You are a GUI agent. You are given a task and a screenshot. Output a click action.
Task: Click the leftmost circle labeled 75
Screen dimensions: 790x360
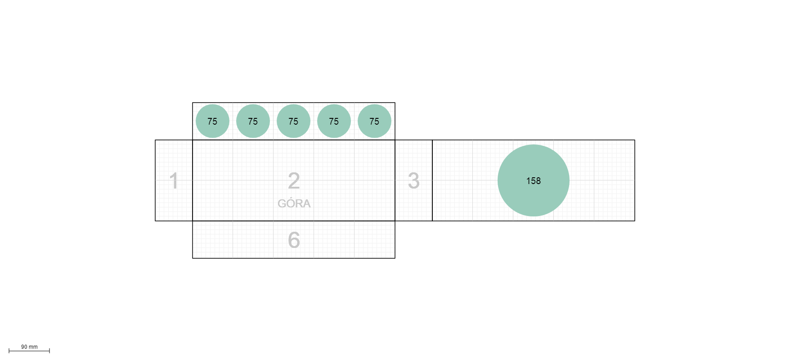[x=212, y=121]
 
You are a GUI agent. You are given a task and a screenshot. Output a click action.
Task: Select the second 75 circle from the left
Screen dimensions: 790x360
[x=253, y=121]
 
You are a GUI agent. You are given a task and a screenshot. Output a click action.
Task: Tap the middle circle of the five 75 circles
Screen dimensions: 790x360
[x=293, y=121]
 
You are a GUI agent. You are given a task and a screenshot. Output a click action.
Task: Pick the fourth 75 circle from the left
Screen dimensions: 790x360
[x=334, y=121]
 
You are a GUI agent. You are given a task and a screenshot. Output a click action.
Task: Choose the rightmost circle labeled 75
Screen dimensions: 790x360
[x=374, y=121]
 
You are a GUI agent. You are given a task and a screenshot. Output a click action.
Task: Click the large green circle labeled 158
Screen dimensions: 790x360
[x=534, y=180]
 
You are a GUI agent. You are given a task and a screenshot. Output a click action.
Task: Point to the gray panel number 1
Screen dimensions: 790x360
[x=174, y=181]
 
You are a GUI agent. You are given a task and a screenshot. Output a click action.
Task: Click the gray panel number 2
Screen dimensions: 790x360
[x=294, y=181]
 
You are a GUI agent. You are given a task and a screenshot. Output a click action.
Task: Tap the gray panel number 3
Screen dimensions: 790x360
[x=414, y=181]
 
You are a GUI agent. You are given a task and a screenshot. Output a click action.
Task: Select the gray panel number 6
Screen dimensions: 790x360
[x=294, y=240]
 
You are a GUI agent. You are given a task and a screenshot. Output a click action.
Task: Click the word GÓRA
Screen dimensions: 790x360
[x=294, y=203]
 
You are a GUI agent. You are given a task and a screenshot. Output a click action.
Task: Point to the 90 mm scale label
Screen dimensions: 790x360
[x=29, y=347]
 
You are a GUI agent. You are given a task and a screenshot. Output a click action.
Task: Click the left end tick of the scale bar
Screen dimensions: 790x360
[x=9, y=351]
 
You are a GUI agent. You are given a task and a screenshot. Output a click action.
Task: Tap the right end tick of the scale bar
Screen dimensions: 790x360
[x=49, y=351]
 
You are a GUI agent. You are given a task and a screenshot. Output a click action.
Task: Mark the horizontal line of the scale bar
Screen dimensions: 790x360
[x=29, y=351]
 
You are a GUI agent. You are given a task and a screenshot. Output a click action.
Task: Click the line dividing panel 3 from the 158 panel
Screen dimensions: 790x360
[x=432, y=180]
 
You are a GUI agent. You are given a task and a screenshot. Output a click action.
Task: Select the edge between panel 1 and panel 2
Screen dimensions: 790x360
[x=193, y=180]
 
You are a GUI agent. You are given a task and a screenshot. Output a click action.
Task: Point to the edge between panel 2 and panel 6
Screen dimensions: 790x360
[x=294, y=221]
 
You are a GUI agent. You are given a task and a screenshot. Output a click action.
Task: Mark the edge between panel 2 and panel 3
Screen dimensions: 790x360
[x=395, y=180]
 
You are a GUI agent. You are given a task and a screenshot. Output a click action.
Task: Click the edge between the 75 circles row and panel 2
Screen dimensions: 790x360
[x=294, y=140]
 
